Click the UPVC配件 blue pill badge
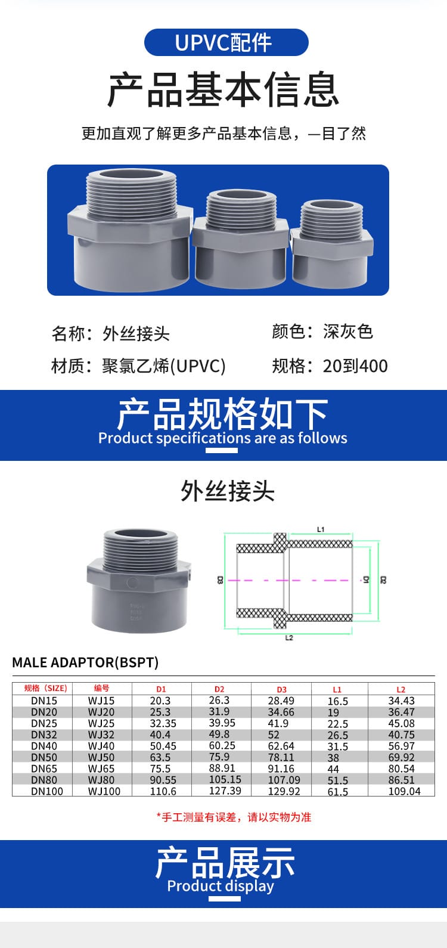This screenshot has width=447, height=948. point(226,42)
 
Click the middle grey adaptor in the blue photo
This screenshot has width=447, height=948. point(241,236)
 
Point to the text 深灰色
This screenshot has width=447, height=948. point(348,332)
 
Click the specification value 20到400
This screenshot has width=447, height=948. point(355,365)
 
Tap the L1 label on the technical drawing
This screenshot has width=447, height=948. point(321,529)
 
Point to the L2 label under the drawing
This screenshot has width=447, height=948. point(289,638)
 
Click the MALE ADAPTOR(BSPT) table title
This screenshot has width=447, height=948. point(85,662)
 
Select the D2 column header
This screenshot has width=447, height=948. point(219,689)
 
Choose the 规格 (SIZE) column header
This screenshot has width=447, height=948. point(45,688)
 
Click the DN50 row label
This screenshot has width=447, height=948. point(44,757)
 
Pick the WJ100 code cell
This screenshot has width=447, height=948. point(104,791)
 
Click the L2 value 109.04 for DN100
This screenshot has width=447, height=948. point(403,791)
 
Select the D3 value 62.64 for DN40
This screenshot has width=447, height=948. point(281,746)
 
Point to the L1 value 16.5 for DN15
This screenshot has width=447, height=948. point(337,701)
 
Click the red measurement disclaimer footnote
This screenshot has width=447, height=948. point(234,817)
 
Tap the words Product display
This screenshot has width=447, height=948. point(221,886)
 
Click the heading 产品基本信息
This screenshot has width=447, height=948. point(223,90)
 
